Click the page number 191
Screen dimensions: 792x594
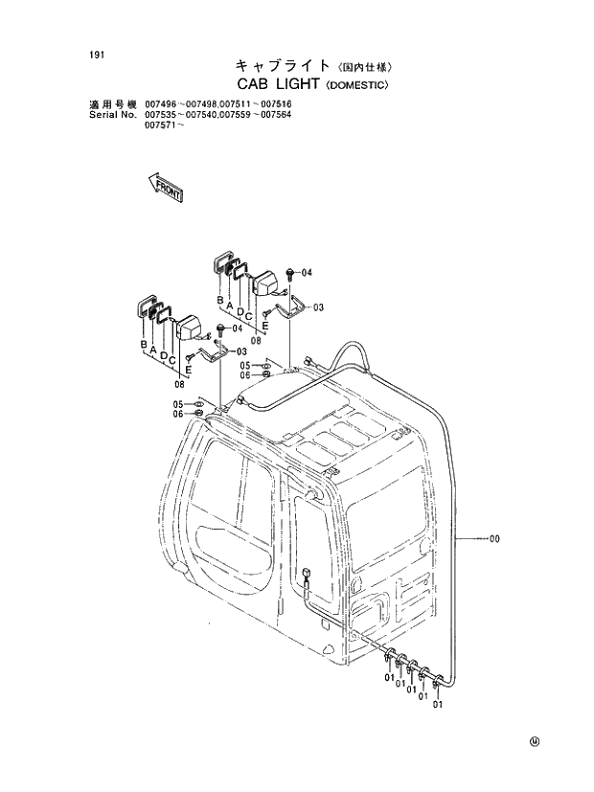click(x=94, y=55)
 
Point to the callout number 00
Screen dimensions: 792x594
click(x=494, y=539)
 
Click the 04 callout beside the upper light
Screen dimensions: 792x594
click(x=307, y=273)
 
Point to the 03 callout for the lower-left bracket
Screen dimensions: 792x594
click(x=241, y=351)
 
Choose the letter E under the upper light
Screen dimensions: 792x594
click(x=264, y=326)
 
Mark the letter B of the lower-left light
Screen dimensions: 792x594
click(x=143, y=343)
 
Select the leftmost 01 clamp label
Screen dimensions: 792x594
click(x=389, y=679)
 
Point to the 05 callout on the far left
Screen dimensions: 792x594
click(x=177, y=403)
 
